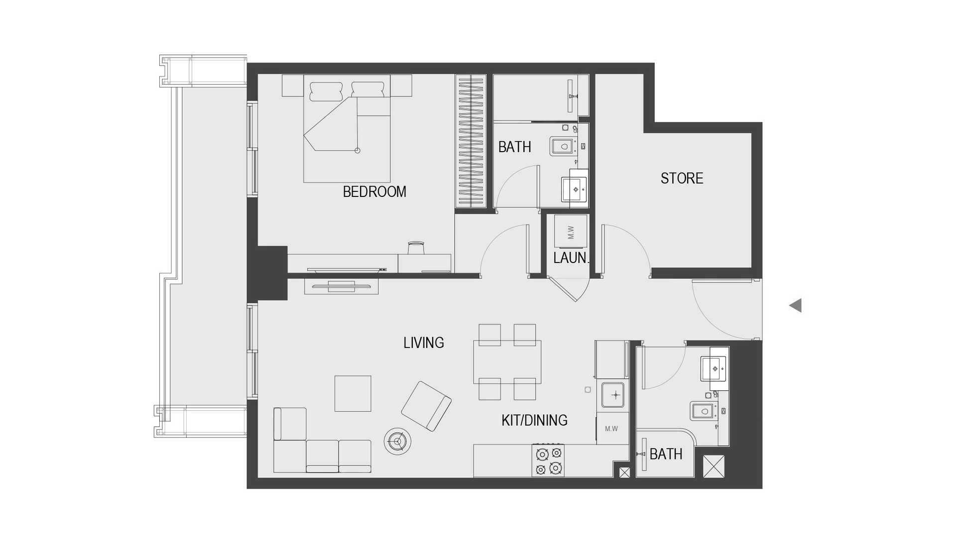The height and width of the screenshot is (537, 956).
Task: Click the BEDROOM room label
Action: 374,191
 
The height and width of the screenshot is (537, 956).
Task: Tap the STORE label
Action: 682,178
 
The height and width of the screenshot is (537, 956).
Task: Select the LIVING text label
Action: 424,343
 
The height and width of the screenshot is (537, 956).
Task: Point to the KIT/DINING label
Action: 534,420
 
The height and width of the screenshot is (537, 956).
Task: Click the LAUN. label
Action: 571,258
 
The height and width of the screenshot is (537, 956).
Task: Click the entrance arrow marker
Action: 796,305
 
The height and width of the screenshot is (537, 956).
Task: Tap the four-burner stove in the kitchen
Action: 548,460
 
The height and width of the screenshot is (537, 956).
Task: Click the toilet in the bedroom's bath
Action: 563,146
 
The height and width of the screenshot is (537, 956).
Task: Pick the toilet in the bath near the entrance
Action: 703,411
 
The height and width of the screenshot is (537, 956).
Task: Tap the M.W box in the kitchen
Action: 611,428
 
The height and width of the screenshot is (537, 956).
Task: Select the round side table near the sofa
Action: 397,441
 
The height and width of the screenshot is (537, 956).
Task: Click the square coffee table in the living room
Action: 353,393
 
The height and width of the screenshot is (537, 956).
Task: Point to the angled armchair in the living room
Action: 426,406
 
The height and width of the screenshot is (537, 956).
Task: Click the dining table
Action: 507,361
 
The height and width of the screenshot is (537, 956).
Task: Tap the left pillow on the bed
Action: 326,91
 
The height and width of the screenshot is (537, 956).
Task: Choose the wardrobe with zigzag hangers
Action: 471,141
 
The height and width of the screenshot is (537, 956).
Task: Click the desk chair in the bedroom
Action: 416,247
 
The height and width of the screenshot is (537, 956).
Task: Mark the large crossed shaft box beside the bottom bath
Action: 714,466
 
